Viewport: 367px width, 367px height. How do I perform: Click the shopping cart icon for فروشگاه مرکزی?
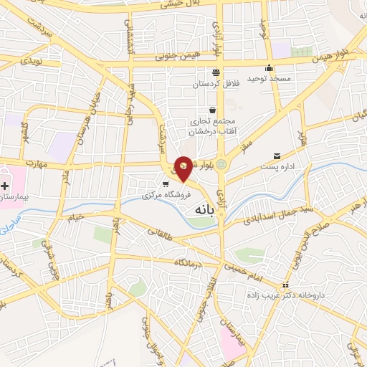[166, 184]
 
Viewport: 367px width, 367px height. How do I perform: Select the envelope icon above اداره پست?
[277, 156]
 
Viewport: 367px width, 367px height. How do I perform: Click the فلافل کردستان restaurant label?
[214, 85]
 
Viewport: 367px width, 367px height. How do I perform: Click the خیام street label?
[75, 217]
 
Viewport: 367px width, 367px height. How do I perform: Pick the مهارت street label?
[34, 163]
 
